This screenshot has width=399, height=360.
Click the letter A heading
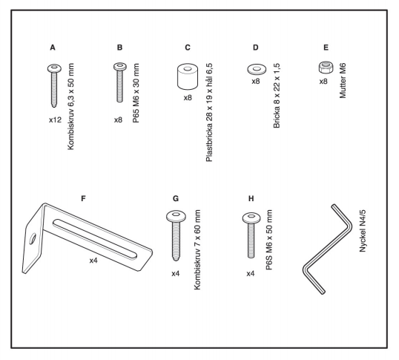[x=53, y=48]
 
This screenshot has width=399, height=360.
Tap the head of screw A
[x=54, y=68]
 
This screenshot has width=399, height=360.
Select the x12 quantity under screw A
[x=55, y=120]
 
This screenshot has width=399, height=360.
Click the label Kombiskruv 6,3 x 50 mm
[x=70, y=106]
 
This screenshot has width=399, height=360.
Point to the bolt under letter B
[x=120, y=82]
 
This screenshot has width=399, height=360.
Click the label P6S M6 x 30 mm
[x=136, y=93]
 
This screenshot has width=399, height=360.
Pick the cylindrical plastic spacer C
[x=188, y=76]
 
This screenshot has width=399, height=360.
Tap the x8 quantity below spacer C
[x=188, y=97]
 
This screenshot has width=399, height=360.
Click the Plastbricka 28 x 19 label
[x=209, y=112]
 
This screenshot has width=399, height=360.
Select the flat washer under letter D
[x=257, y=69]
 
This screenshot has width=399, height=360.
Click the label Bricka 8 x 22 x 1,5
[x=277, y=96]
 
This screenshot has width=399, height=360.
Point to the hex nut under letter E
[x=326, y=68]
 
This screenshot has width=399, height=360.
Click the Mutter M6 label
[x=343, y=81]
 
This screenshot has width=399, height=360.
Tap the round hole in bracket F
[x=33, y=239]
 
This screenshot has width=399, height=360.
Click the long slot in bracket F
[x=95, y=239]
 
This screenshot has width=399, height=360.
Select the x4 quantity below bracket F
[x=93, y=261]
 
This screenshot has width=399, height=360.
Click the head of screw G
[x=176, y=217]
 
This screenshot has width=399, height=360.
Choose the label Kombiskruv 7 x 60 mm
[x=197, y=249]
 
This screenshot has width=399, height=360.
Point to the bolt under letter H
[x=251, y=235]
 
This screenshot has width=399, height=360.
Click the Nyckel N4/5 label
[x=363, y=231]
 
